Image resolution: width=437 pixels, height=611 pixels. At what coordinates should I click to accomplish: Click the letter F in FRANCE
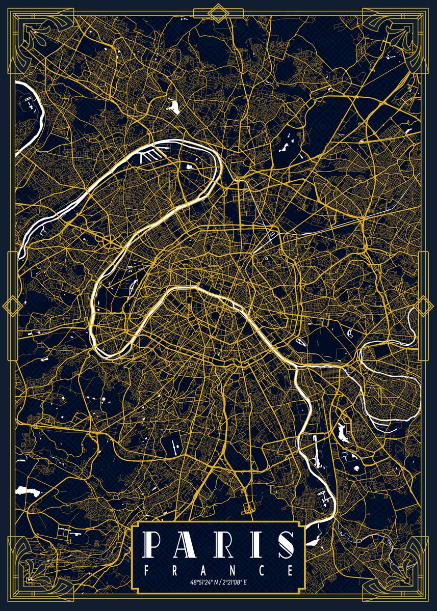click(147, 570)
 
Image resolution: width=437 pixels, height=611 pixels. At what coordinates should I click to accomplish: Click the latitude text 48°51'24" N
click(204, 582)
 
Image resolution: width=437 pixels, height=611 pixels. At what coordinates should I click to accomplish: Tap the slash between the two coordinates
click(219, 582)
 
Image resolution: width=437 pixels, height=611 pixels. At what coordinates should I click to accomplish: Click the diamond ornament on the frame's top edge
click(219, 11)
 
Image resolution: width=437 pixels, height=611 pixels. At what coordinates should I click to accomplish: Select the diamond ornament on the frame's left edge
click(11, 305)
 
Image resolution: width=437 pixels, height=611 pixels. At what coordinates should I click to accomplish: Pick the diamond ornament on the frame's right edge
click(425, 305)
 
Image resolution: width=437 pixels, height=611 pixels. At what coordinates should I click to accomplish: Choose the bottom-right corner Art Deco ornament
click(403, 575)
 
